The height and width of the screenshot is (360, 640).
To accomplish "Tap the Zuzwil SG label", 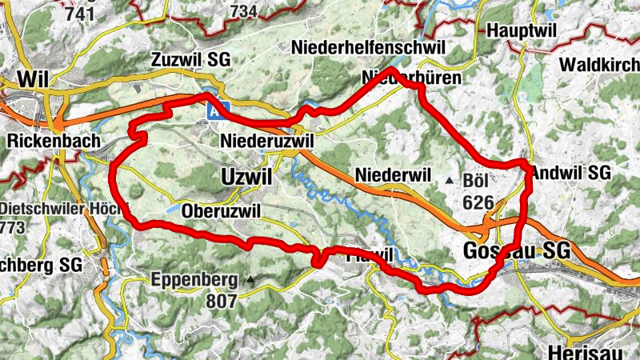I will click(191, 60).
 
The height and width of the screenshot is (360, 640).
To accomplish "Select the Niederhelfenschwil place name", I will click(369, 47).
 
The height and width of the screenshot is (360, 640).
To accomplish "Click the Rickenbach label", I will click(53, 142).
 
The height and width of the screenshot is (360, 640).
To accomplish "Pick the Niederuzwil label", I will click(266, 142).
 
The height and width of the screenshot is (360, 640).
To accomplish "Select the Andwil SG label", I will click(570, 172).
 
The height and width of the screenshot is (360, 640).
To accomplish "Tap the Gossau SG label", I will click(516, 250).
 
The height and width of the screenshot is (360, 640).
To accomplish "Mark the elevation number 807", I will click(221, 301).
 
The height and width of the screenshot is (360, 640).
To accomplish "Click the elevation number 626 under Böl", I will click(478, 202).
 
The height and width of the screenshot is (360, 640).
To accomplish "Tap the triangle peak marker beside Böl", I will click(450, 181).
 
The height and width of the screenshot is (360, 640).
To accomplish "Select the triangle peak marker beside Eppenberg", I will click(250, 280).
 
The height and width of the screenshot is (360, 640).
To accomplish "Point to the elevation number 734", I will click(245, 11).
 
